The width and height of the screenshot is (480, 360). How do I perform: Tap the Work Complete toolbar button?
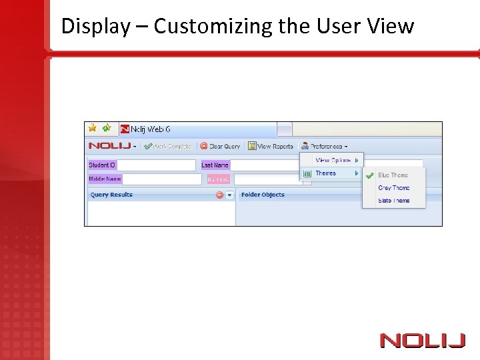click(x=167, y=146)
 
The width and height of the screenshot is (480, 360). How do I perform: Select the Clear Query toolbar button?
click(x=220, y=146)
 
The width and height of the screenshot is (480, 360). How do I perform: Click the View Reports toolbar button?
click(x=271, y=146)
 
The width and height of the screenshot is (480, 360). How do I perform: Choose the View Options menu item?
click(x=333, y=160)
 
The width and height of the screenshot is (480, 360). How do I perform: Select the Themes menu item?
click(x=326, y=173)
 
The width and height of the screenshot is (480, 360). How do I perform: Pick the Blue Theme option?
click(x=393, y=175)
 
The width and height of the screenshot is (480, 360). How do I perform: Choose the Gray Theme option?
click(x=393, y=188)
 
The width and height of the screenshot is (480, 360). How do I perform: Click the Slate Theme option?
click(x=393, y=201)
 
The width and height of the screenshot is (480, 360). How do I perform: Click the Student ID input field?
click(x=156, y=165)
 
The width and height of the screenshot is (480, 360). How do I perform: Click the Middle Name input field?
click(x=162, y=179)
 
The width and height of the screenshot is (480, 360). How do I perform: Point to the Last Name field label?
click(x=215, y=165)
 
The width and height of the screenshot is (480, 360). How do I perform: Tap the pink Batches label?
click(x=218, y=179)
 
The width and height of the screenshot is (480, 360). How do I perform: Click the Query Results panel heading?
click(x=111, y=195)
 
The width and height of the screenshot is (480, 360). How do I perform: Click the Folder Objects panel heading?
click(x=263, y=195)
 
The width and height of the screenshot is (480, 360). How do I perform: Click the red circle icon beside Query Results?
click(x=219, y=195)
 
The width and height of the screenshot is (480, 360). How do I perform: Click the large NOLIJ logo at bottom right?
click(x=422, y=341)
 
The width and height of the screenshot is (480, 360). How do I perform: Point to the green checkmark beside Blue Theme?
click(x=369, y=175)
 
